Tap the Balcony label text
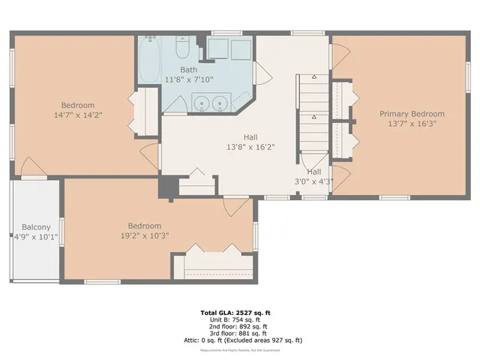[x=36, y=226]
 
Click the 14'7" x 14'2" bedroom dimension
[x=78, y=115]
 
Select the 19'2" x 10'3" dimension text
[x=144, y=235]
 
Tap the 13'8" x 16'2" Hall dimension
[x=250, y=147]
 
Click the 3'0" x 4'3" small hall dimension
[x=313, y=181]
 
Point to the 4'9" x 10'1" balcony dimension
[x=36, y=236]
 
